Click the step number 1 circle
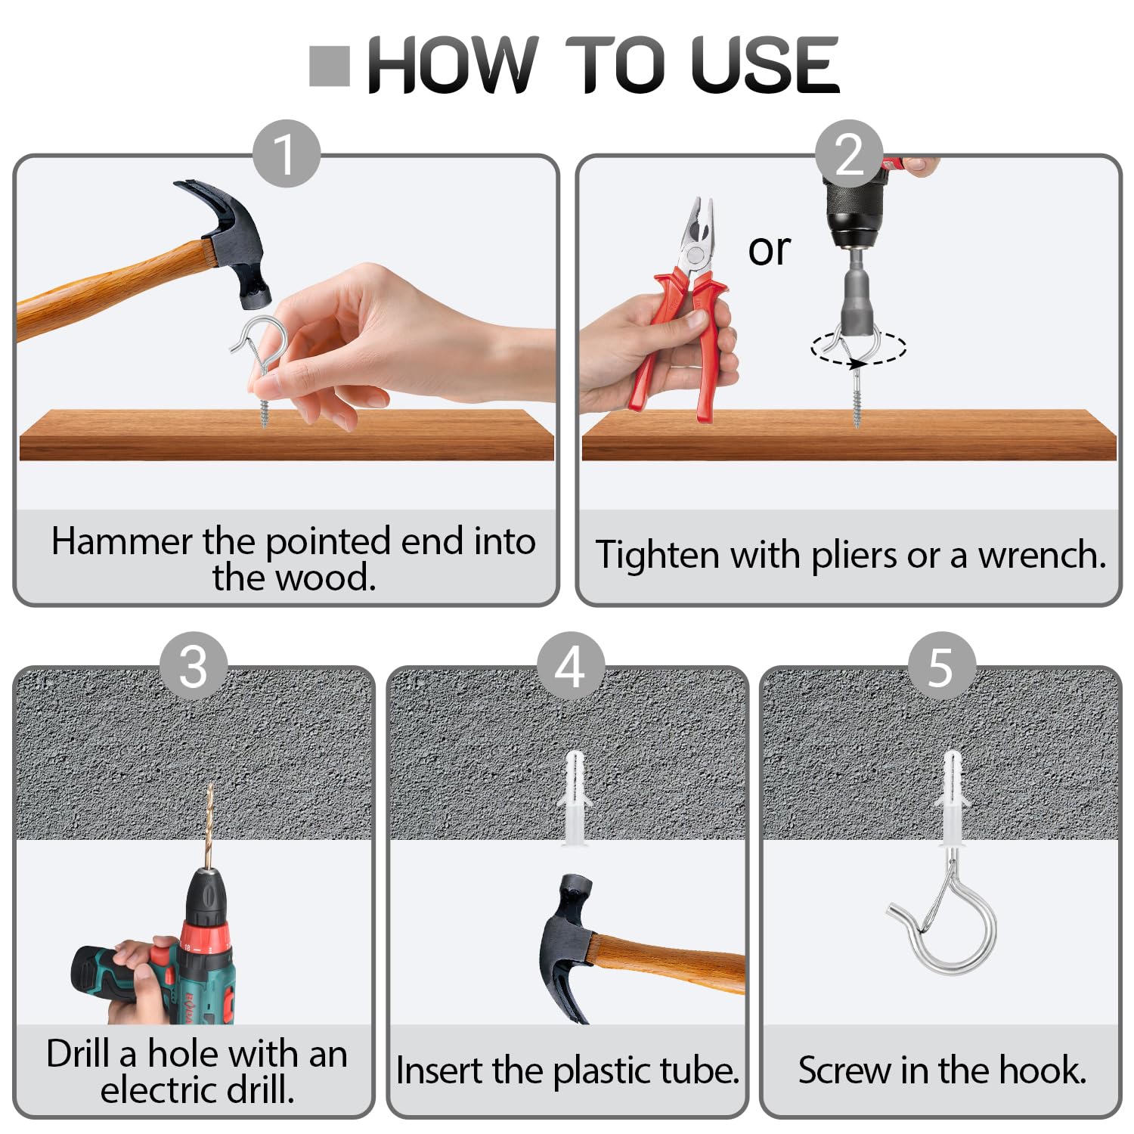(286, 153)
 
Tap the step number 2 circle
(849, 153)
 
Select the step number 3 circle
(194, 666)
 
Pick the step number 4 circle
(570, 666)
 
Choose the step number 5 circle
(941, 666)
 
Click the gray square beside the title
(330, 66)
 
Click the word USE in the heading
(764, 66)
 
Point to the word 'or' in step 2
(769, 249)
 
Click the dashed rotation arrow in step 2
(858, 349)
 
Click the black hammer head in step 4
(569, 949)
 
